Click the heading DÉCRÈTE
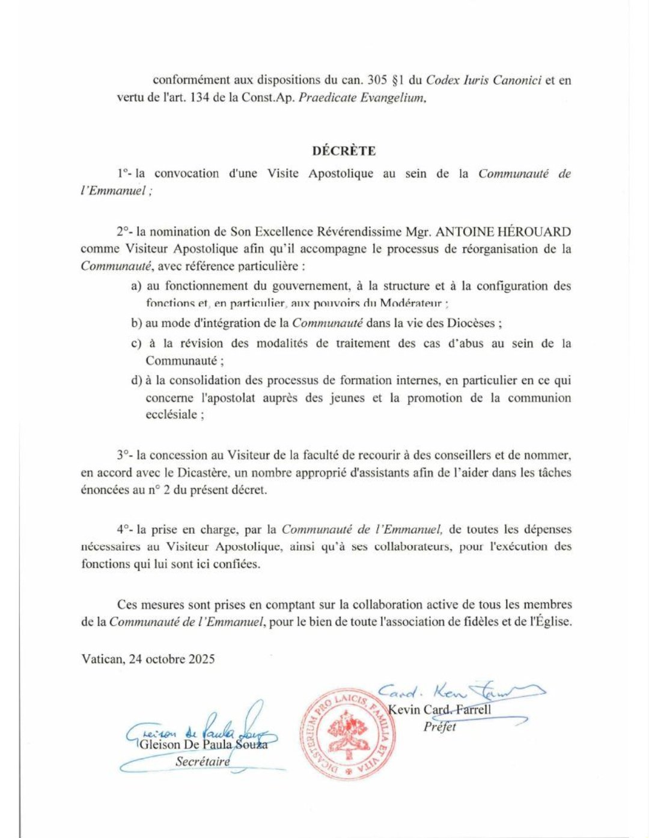(x=344, y=151)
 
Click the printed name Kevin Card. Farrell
(x=439, y=709)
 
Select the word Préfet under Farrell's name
(x=439, y=726)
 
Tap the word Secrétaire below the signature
(x=203, y=761)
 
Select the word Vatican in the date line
(x=102, y=658)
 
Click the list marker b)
(x=136, y=323)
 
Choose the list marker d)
(x=136, y=380)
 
